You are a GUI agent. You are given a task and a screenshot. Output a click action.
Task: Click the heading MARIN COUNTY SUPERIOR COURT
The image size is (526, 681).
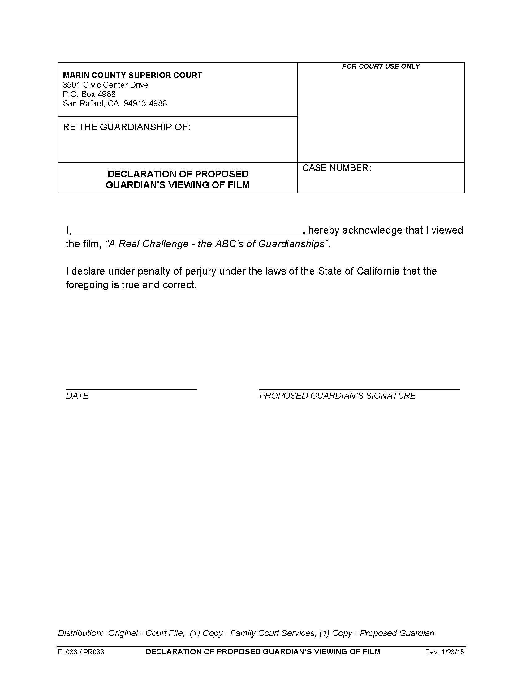132,75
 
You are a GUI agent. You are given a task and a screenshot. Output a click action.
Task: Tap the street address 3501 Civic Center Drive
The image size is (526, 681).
105,85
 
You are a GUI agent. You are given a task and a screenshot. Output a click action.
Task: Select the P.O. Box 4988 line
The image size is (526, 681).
89,94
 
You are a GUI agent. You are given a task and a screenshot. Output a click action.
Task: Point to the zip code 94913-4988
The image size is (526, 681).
145,103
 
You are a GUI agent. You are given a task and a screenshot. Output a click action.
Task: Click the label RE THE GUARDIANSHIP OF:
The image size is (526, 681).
127,127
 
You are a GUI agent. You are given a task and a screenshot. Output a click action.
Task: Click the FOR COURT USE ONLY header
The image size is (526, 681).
381,67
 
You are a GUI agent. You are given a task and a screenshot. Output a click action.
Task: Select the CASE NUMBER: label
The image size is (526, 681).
337,168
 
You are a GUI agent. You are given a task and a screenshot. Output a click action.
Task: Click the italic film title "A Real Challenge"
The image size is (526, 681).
147,244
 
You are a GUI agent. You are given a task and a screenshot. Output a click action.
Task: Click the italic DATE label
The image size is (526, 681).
77,396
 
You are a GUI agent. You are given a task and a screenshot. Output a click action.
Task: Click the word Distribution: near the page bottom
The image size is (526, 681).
80,633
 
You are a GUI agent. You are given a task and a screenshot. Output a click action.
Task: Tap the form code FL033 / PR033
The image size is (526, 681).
81,652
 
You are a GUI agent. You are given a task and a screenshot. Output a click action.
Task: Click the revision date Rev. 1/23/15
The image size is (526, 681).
444,652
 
